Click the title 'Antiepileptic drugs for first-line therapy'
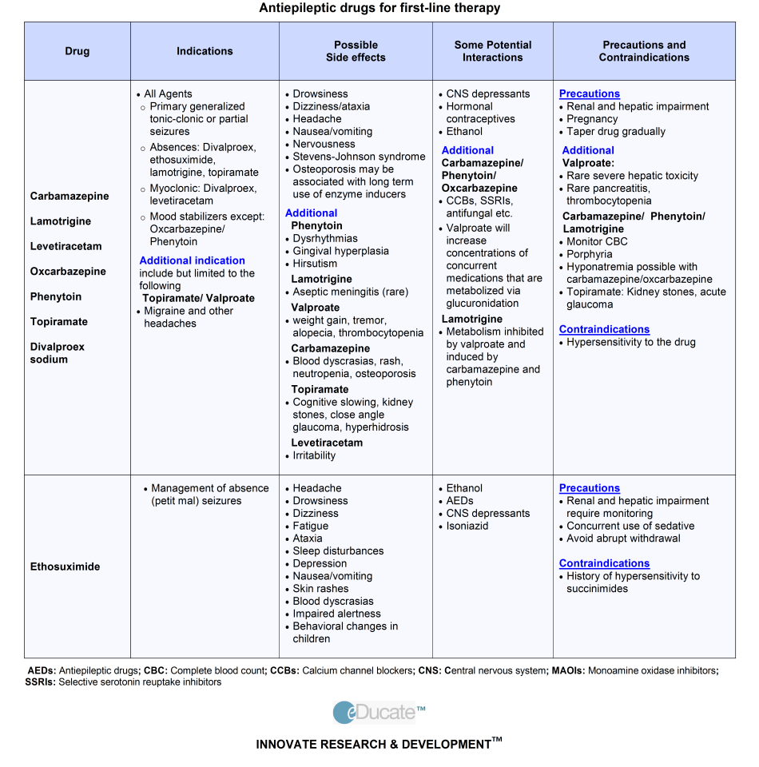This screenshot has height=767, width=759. coord(379,8)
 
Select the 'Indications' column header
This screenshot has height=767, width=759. coord(205,51)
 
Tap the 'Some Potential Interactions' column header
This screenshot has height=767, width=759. coord(492,51)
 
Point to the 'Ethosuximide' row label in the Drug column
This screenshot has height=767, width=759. coord(66,566)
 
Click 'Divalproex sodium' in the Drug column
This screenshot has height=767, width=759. coord(58,353)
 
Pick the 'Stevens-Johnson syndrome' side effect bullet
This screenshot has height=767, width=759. coord(359,157)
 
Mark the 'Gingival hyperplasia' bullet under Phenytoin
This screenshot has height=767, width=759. coord(340,251)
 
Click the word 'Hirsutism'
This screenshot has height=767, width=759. coord(315,264)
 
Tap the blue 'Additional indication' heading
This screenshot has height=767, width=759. coord(192,260)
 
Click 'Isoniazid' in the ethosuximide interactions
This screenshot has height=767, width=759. coord(467,526)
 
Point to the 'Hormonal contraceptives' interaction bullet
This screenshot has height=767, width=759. coord(480,113)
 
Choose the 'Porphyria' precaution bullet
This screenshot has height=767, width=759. coord(590,254)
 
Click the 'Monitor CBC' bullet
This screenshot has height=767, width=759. coord(597,241)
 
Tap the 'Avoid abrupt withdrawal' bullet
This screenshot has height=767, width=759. coord(625,538)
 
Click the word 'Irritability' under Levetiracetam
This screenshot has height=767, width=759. coord(314,455)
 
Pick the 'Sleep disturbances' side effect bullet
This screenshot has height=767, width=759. coord(338,551)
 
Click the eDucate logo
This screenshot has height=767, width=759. coord(379,712)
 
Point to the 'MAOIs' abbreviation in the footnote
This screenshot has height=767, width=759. coord(566,671)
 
